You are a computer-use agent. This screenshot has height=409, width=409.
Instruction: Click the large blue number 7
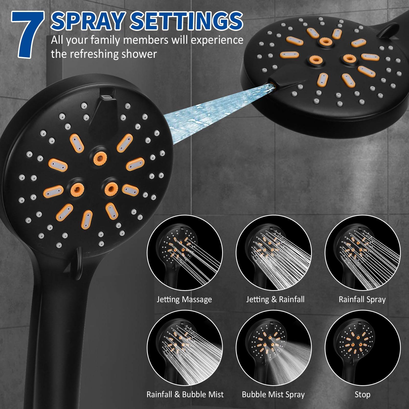point(28,35)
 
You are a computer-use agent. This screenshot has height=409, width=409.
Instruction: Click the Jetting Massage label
point(184,299)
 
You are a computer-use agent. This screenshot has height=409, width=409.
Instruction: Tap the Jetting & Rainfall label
point(275,299)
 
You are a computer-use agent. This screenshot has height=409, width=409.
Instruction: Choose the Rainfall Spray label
point(362,299)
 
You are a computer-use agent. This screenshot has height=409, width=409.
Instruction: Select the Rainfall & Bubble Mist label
point(185,394)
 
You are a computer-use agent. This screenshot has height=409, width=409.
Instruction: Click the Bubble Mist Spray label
point(273,394)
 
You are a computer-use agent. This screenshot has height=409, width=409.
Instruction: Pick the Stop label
point(362,394)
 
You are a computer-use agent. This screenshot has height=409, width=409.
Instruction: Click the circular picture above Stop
point(362,348)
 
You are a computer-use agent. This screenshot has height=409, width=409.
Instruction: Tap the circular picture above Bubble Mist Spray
point(274,348)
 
